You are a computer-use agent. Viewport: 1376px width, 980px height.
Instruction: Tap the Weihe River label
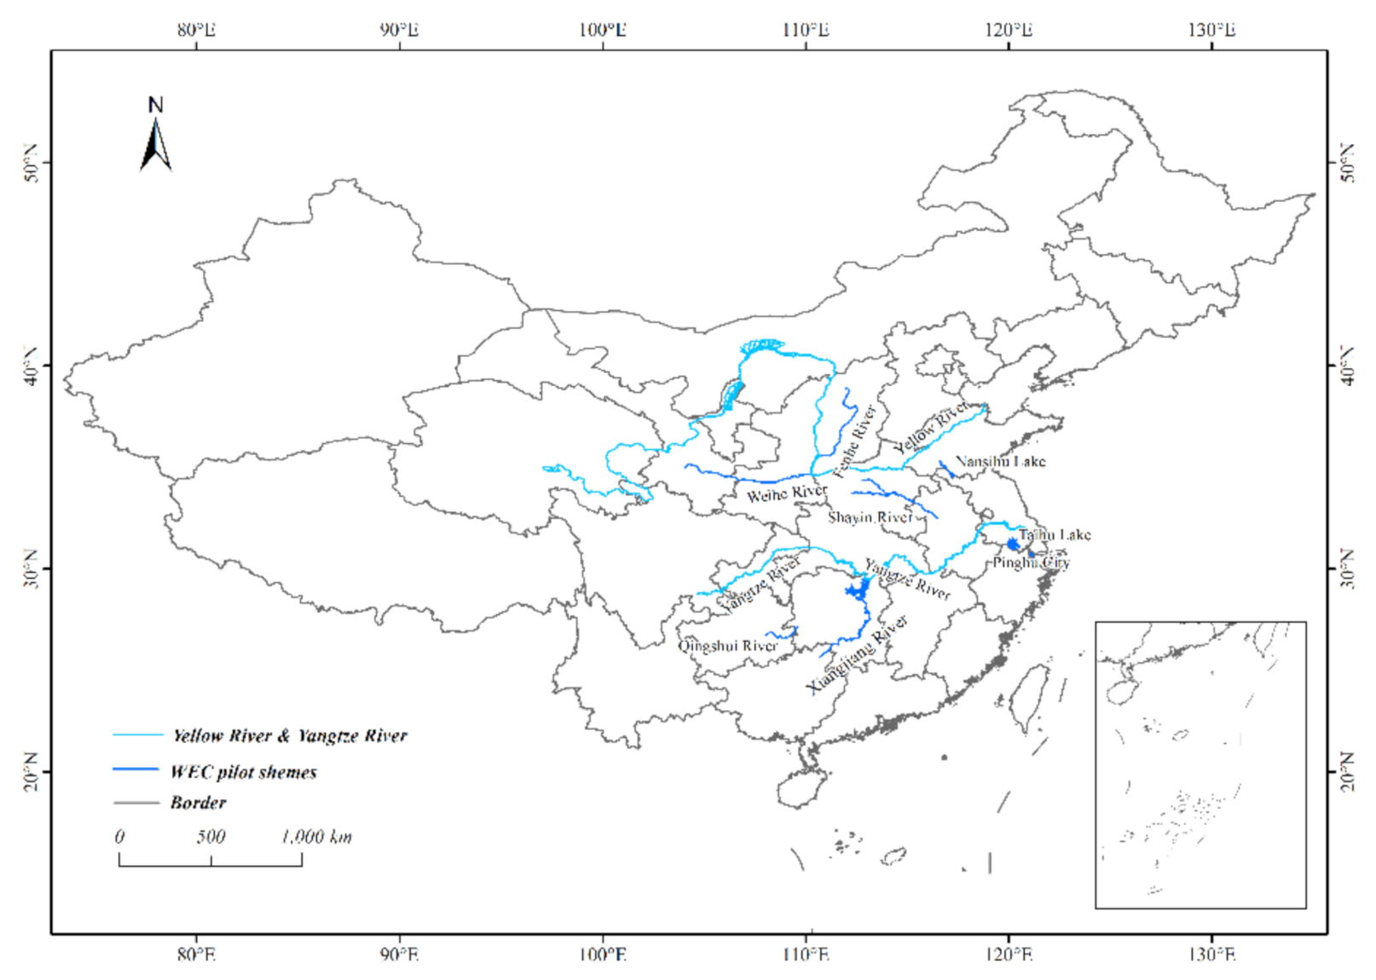point(786,493)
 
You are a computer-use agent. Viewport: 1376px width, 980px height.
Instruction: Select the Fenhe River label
point(854,441)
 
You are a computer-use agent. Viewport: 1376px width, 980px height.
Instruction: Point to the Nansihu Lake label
point(1000,461)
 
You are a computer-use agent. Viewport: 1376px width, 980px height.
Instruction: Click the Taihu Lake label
point(1055,534)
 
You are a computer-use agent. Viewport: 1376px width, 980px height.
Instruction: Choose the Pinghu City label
point(1031,562)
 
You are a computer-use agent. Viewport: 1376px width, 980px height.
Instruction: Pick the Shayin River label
point(870,517)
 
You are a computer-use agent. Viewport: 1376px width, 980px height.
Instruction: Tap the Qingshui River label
point(727,646)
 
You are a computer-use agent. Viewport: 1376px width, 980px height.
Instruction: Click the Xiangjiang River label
point(857,654)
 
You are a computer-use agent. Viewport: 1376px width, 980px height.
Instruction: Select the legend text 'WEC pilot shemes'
point(244,772)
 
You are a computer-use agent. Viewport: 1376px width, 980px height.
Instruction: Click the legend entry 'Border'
point(198,803)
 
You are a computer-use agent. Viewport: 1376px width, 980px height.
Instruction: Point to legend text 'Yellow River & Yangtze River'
point(290,735)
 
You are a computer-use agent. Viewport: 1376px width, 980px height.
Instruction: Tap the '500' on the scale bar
point(211,837)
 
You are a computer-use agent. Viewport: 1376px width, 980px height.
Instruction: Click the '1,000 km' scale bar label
point(316,837)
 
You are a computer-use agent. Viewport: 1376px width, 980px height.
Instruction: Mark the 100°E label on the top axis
point(603,31)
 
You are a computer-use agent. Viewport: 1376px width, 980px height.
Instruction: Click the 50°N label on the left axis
point(32,163)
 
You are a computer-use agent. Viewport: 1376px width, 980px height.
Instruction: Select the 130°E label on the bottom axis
point(1211,954)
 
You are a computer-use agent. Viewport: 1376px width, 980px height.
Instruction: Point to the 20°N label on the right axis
point(1346,771)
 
